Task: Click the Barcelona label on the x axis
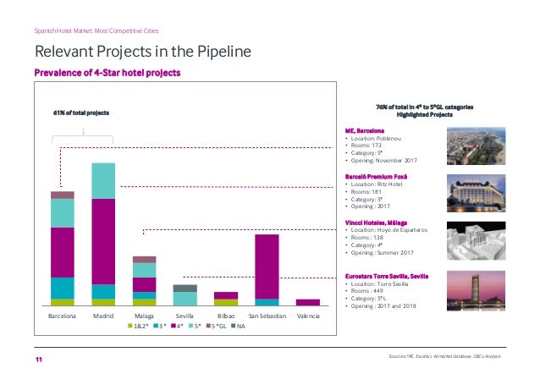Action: point(62,315)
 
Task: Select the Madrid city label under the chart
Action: point(103,315)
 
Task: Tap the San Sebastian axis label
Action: point(267,315)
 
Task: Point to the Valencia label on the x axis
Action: point(308,315)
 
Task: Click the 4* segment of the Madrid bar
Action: point(103,241)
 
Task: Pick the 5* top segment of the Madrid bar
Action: point(103,180)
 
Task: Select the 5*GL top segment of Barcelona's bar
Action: point(62,195)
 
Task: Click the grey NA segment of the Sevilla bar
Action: point(185,288)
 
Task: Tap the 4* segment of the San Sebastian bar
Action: point(267,266)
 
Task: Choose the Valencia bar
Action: point(308,302)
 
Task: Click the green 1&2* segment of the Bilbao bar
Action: point(226,301)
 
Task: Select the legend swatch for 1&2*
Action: point(130,326)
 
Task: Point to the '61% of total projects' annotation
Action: point(81,112)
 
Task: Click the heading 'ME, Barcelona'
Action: point(365,131)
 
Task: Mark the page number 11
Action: point(39,360)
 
